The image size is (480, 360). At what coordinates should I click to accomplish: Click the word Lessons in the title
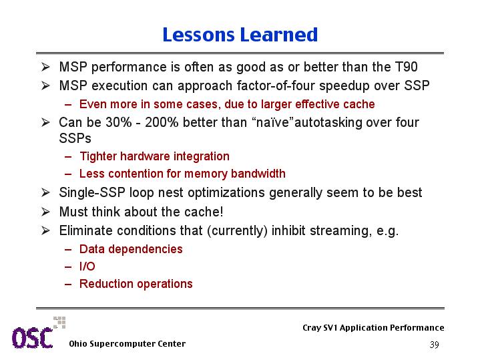click(198, 35)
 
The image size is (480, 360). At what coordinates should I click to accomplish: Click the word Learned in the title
click(279, 35)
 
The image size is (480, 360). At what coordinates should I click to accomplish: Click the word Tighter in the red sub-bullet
click(98, 156)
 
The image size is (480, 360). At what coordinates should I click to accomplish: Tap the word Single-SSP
click(92, 193)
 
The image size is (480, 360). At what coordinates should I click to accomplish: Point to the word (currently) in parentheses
click(237, 230)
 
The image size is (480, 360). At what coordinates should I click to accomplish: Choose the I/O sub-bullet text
click(87, 266)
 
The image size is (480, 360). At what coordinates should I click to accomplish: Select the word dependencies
click(146, 249)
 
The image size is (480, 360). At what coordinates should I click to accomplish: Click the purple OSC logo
click(33, 337)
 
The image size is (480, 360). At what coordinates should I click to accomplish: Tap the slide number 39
click(435, 345)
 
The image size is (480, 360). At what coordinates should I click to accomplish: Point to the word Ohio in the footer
click(77, 344)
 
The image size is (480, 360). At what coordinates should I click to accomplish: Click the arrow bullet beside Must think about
click(45, 212)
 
